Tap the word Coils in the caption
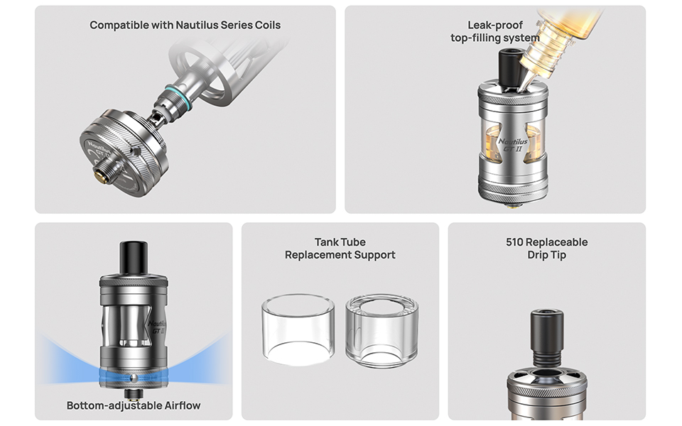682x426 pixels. pos(268,26)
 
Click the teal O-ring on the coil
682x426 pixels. pos(178,97)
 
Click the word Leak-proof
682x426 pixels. pos(495,26)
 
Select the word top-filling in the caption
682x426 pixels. pos(474,38)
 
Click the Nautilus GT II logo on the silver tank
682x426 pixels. pos(512,145)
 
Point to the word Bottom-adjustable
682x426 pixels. pos(114,405)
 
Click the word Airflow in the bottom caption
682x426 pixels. pos(183,405)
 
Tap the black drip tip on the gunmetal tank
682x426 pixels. pos(134,258)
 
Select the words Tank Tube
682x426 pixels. pos(340,242)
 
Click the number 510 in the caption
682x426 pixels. pos(514,242)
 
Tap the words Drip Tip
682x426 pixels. pos(547,255)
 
